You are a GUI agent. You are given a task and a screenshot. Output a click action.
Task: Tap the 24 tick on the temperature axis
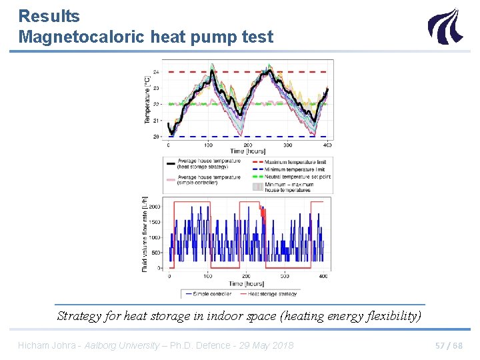click(x=156, y=72)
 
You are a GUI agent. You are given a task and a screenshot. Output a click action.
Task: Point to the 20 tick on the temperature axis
click(x=156, y=137)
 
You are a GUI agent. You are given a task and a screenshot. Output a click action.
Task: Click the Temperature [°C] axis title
click(x=147, y=100)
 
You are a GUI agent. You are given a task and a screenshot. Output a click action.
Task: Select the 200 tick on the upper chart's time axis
click(x=248, y=145)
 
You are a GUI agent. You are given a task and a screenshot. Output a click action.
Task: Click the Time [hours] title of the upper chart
click(x=247, y=151)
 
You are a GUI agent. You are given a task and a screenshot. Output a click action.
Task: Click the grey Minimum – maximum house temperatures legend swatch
click(x=257, y=187)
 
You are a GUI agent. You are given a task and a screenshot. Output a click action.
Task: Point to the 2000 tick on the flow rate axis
click(x=154, y=207)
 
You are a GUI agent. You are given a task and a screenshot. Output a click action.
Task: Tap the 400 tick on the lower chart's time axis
click(x=323, y=276)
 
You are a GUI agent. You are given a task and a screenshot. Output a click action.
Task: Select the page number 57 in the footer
click(x=439, y=345)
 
